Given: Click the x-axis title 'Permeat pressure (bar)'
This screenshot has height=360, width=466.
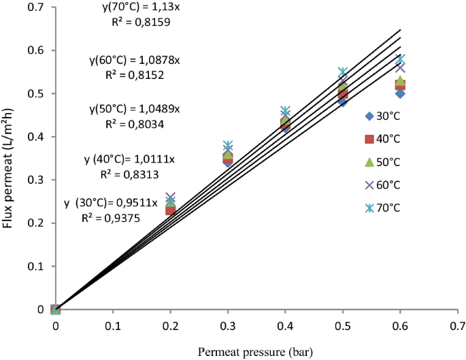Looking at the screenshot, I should coord(255,351).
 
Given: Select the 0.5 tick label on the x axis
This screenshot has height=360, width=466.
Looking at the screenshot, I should coord(342,326).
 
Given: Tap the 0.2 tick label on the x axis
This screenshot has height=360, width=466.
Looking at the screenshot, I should coord(170,326).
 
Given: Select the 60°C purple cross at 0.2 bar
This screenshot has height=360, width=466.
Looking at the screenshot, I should coord(170,197).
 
